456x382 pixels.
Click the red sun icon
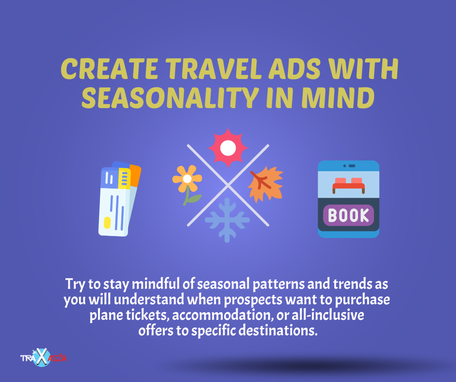(x=228, y=148)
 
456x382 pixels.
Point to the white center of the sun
(x=228, y=148)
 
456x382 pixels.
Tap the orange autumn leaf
(x=265, y=184)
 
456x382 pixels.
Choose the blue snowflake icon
(x=227, y=220)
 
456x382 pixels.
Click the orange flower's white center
(x=187, y=178)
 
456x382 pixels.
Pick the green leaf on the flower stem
(x=194, y=198)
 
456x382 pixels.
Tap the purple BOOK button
(x=348, y=215)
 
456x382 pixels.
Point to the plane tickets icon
(x=119, y=199)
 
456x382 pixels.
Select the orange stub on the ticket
(x=135, y=175)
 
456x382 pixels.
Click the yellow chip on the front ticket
(x=107, y=223)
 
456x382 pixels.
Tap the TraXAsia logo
(x=44, y=357)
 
